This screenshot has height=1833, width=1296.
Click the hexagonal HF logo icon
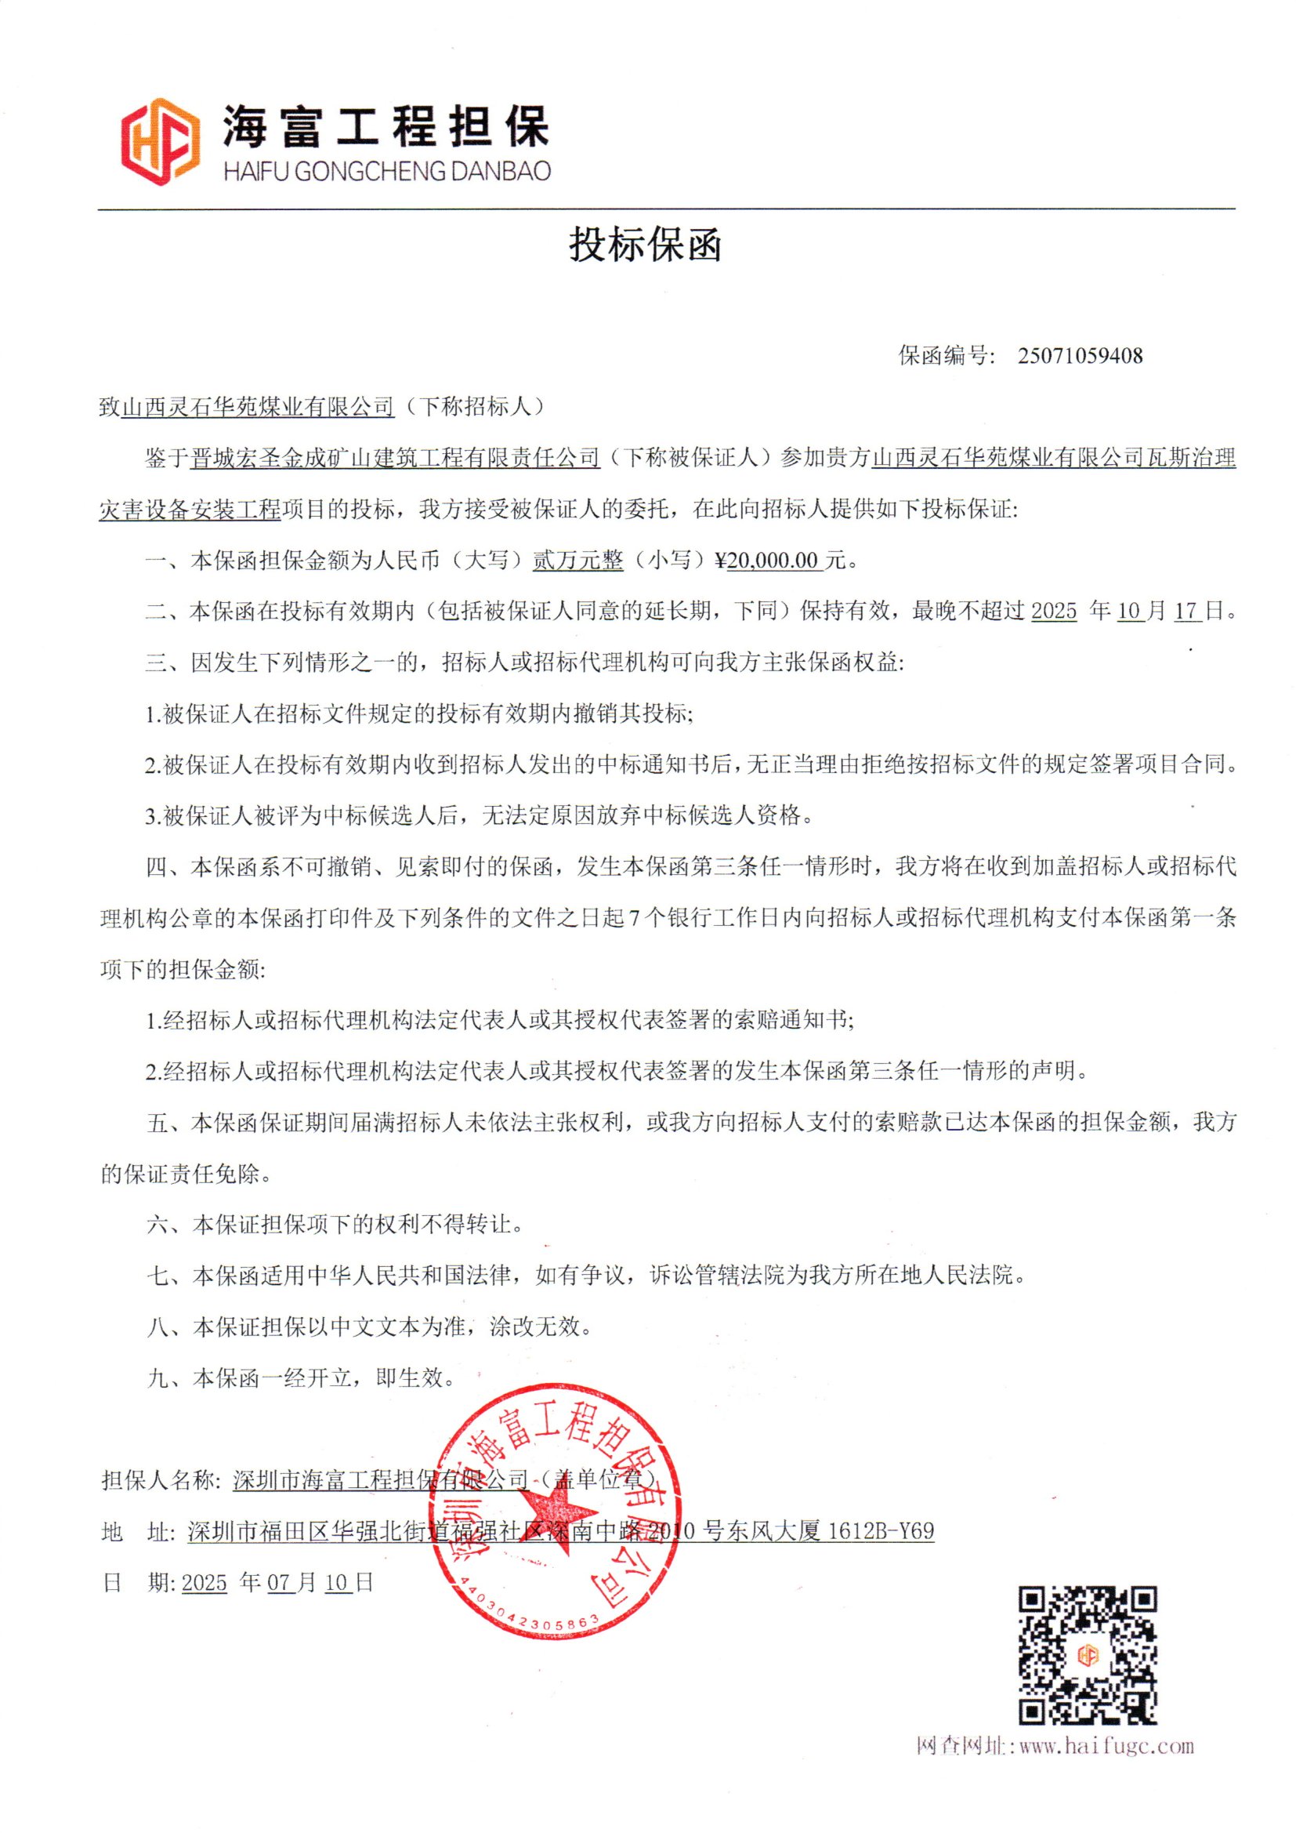tap(160, 141)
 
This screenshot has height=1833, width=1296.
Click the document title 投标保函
tap(645, 245)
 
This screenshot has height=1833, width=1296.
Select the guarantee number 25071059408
tap(1079, 356)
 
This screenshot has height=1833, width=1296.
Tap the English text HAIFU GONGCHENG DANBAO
tap(387, 171)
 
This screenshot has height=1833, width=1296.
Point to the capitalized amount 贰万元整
tap(577, 561)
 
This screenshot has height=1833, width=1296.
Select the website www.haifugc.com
tap(1106, 1746)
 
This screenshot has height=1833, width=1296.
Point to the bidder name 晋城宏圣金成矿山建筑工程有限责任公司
tap(395, 458)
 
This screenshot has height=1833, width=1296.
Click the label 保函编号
tap(946, 356)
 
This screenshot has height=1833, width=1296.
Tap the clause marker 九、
tap(169, 1378)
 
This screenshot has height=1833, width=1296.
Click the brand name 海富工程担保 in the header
tap(386, 126)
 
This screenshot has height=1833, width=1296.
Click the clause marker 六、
tap(169, 1225)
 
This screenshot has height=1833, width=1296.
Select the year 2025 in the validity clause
tap(1053, 612)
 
